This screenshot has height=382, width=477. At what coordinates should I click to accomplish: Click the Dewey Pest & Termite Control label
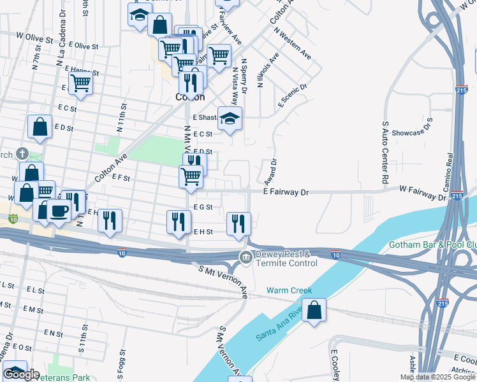click(x=286, y=258)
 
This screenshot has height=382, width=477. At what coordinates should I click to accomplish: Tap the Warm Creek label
click(x=290, y=290)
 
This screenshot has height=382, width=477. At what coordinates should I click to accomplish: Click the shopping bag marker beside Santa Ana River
click(x=314, y=311)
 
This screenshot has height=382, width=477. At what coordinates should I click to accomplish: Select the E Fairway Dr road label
click(x=286, y=191)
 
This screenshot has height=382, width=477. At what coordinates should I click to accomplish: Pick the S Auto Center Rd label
click(x=385, y=153)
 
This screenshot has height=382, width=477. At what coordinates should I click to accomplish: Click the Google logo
click(x=21, y=374)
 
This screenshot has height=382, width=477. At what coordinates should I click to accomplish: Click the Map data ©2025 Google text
click(x=437, y=377)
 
